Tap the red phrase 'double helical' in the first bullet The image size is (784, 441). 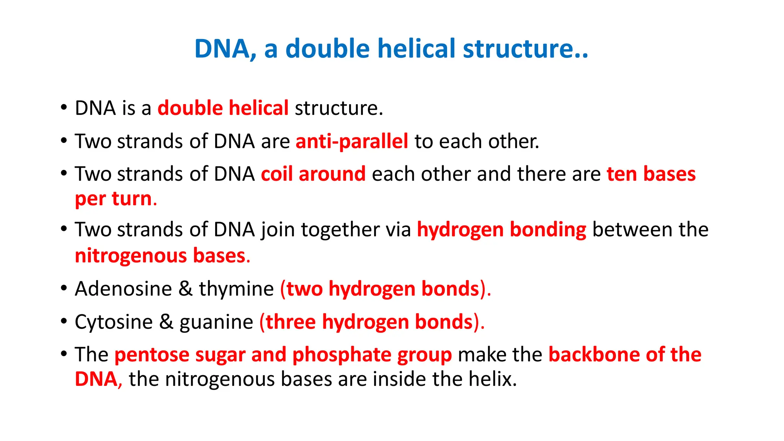[223, 108]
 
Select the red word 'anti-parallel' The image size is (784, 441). [352, 141]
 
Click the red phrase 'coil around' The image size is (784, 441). [313, 174]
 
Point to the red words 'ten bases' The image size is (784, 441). [651, 174]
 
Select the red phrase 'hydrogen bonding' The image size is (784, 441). [501, 230]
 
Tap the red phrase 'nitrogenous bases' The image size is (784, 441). [160, 256]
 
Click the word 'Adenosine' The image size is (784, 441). [123, 289]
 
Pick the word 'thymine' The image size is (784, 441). [236, 289]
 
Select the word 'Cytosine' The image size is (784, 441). [114, 322]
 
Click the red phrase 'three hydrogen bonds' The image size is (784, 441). [369, 322]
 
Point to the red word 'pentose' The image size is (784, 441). [152, 355]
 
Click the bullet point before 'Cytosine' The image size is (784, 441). [64, 321]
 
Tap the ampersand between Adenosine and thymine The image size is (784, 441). [185, 289]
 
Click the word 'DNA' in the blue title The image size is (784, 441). [222, 49]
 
